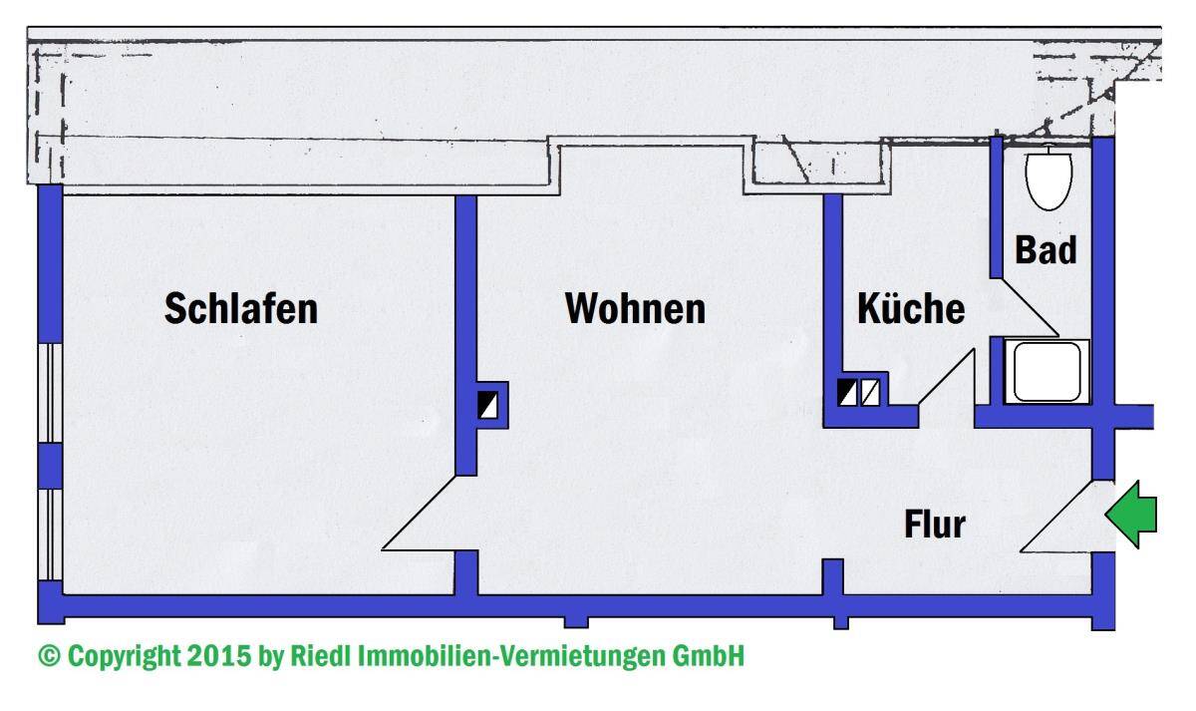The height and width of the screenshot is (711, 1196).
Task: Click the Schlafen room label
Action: (241, 308)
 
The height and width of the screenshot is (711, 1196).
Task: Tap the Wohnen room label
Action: (635, 308)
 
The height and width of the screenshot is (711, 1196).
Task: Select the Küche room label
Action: (911, 309)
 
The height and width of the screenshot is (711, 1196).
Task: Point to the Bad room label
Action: (1046, 250)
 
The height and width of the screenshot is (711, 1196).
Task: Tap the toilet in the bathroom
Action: (1046, 178)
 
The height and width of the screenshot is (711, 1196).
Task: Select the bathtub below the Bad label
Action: (1046, 372)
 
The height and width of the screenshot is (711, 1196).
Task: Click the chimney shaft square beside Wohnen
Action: (489, 405)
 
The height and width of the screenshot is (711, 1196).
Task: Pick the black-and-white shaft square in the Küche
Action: (846, 393)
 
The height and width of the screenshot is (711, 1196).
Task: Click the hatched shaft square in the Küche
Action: (870, 393)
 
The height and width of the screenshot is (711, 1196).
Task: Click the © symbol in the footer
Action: (49, 657)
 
